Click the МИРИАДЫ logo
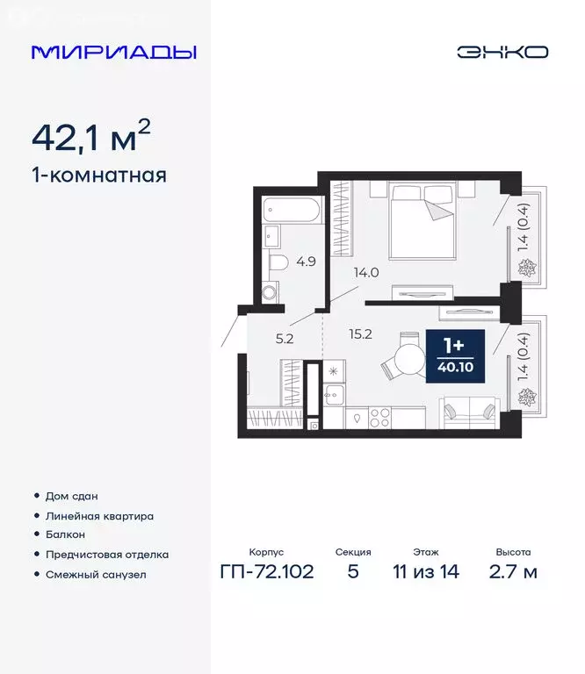click(x=114, y=52)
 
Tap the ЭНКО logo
click(x=502, y=52)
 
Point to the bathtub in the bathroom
click(x=292, y=211)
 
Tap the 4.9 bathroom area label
click(x=306, y=261)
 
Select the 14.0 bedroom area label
click(x=365, y=272)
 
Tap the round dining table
click(x=409, y=360)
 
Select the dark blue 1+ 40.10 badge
click(x=455, y=356)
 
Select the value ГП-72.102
click(x=267, y=573)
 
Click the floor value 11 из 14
click(x=425, y=573)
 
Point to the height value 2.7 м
click(x=513, y=573)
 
